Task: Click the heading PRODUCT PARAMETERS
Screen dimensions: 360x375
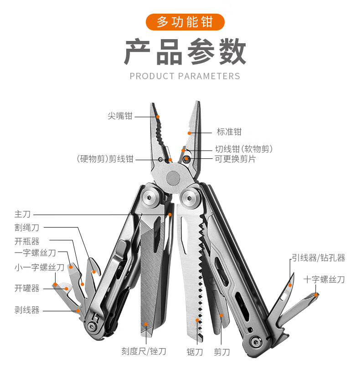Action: click(185, 76)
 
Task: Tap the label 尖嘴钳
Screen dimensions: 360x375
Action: click(120, 116)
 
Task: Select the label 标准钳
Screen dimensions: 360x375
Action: click(229, 132)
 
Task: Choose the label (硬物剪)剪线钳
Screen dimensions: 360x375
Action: click(105, 159)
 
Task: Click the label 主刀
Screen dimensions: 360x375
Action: click(22, 214)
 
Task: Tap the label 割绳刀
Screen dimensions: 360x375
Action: click(27, 227)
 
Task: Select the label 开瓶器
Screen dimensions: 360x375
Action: click(27, 241)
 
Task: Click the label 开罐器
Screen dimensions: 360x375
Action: click(27, 288)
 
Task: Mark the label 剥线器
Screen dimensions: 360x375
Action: click(27, 310)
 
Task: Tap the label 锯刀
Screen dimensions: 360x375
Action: click(195, 352)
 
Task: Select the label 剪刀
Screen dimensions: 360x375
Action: click(222, 352)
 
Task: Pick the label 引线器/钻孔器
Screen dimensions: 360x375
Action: click(318, 258)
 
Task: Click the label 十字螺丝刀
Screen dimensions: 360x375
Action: click(324, 279)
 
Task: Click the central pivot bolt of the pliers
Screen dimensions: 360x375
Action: click(174, 177)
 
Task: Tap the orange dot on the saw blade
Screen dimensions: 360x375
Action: click(197, 320)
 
